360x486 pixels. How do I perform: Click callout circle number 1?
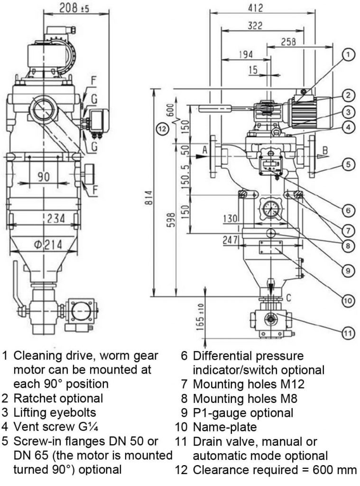click(x=348, y=55)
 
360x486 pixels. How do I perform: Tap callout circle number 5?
click(x=348, y=165)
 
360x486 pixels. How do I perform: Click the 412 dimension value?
click(x=255, y=8)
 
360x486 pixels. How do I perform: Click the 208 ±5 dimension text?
click(x=72, y=8)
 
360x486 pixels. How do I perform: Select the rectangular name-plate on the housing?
click(x=271, y=248)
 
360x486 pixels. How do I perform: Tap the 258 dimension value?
click(x=286, y=41)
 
